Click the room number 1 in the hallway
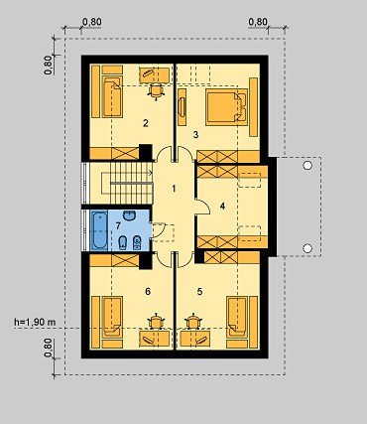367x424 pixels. pos(174,189)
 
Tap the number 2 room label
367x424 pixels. pos(146,123)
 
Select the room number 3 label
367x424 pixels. pos(195,135)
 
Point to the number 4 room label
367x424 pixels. pos(222,206)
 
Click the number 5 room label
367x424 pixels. pos(199,291)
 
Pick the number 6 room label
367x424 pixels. pos(148,291)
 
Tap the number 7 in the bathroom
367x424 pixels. pos(118,226)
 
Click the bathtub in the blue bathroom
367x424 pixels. pos(99,230)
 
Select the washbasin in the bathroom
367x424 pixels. pos(129,215)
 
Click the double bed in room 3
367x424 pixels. pos(226,107)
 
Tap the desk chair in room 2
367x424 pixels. pos(156,90)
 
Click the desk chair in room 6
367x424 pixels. pos(156,321)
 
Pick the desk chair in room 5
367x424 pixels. pos(193,321)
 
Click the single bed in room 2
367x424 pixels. pos(112,96)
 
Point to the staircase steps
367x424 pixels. pos(131,183)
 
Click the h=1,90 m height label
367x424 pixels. pos(35,322)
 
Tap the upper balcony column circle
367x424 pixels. pos(307,165)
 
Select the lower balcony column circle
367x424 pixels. pos(307,248)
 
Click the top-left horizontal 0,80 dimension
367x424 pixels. pos(91,22)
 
